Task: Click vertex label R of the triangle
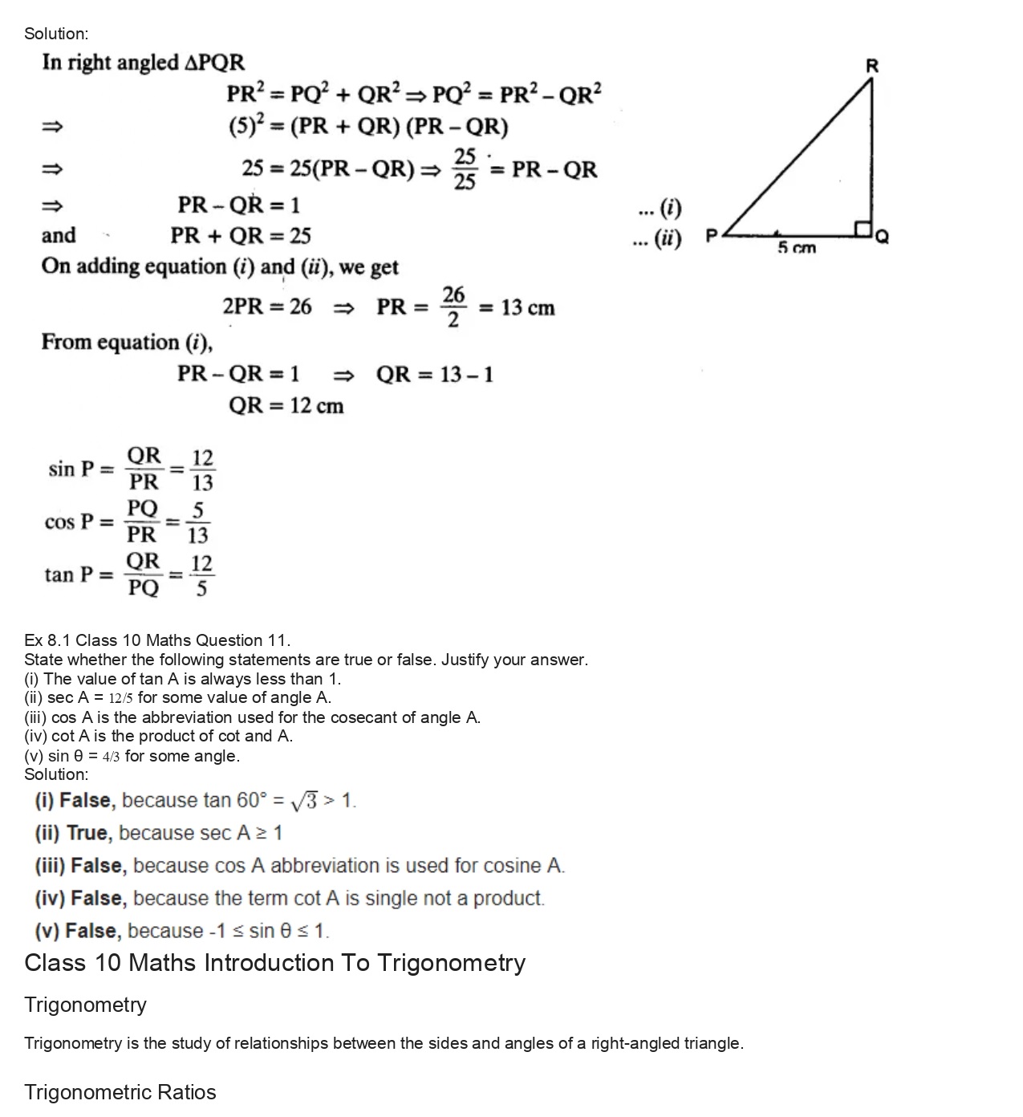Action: pos(872,66)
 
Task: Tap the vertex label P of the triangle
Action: pos(711,236)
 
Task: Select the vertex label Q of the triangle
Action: pos(882,237)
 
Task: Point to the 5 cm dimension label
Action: pos(796,248)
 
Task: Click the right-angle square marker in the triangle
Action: pos(863,229)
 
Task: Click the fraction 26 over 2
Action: pos(453,307)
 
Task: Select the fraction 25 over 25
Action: pos(465,169)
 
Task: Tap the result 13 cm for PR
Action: pos(528,308)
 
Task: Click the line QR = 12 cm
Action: pos(286,406)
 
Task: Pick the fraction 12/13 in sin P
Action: pos(203,470)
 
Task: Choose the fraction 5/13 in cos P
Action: pos(198,522)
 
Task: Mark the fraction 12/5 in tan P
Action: pos(201,575)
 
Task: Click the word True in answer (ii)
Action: pos(87,833)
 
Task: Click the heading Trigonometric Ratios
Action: pos(120,1092)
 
